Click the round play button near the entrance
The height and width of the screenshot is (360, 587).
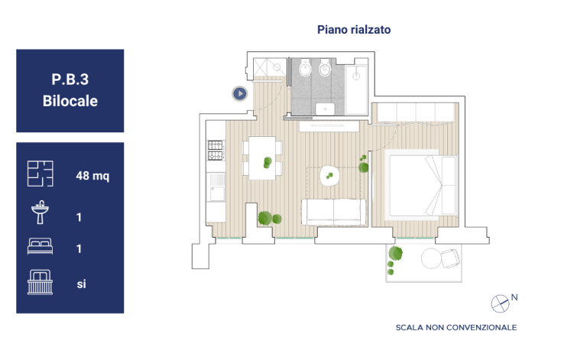click(x=240, y=93)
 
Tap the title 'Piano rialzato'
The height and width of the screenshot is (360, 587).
click(x=354, y=30)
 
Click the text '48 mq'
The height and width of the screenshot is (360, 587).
click(x=92, y=176)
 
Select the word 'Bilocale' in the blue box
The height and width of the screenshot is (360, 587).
click(x=70, y=101)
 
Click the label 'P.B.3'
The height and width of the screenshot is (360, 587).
click(x=70, y=79)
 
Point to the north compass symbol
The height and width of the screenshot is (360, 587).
click(x=501, y=303)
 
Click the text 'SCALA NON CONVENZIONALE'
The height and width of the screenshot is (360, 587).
click(x=456, y=327)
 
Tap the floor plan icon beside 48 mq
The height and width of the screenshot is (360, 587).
click(x=40, y=174)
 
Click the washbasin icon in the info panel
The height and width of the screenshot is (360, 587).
click(x=40, y=212)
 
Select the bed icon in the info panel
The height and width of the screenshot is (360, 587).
click(x=40, y=246)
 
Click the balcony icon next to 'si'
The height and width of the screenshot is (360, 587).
click(x=40, y=282)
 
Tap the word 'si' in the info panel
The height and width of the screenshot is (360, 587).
click(x=81, y=284)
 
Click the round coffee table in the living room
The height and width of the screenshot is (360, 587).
click(x=329, y=176)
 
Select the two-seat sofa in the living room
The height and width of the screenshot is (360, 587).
click(x=333, y=212)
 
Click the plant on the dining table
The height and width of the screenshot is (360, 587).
click(x=268, y=163)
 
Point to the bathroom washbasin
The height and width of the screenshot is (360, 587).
click(x=325, y=109)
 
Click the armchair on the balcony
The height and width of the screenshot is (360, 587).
click(x=450, y=258)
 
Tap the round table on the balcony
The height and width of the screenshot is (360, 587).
click(x=431, y=258)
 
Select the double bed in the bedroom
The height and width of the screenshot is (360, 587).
click(x=421, y=186)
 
